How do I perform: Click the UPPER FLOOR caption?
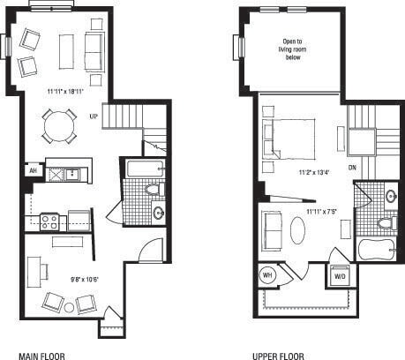pyautogui.click(x=279, y=356)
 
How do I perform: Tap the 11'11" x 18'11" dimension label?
pyautogui.click(x=65, y=91)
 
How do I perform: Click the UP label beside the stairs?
pyautogui.click(x=94, y=116)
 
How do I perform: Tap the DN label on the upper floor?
pyautogui.click(x=351, y=167)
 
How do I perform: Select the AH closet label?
pyautogui.click(x=33, y=171)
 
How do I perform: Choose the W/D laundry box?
pyautogui.click(x=339, y=274)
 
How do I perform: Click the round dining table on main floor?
pyautogui.click(x=59, y=125)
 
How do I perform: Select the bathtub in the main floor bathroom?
pyautogui.click(x=145, y=169)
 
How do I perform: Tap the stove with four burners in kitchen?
pyautogui.click(x=49, y=221)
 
